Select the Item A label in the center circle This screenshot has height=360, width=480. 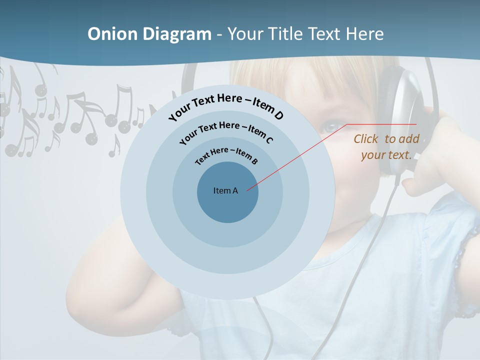225,190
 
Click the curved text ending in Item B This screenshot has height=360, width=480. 226,155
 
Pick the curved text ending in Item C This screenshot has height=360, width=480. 226,130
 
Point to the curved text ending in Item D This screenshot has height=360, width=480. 226,105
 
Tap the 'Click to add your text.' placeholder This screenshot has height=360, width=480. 386,147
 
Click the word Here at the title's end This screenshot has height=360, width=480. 367,34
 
